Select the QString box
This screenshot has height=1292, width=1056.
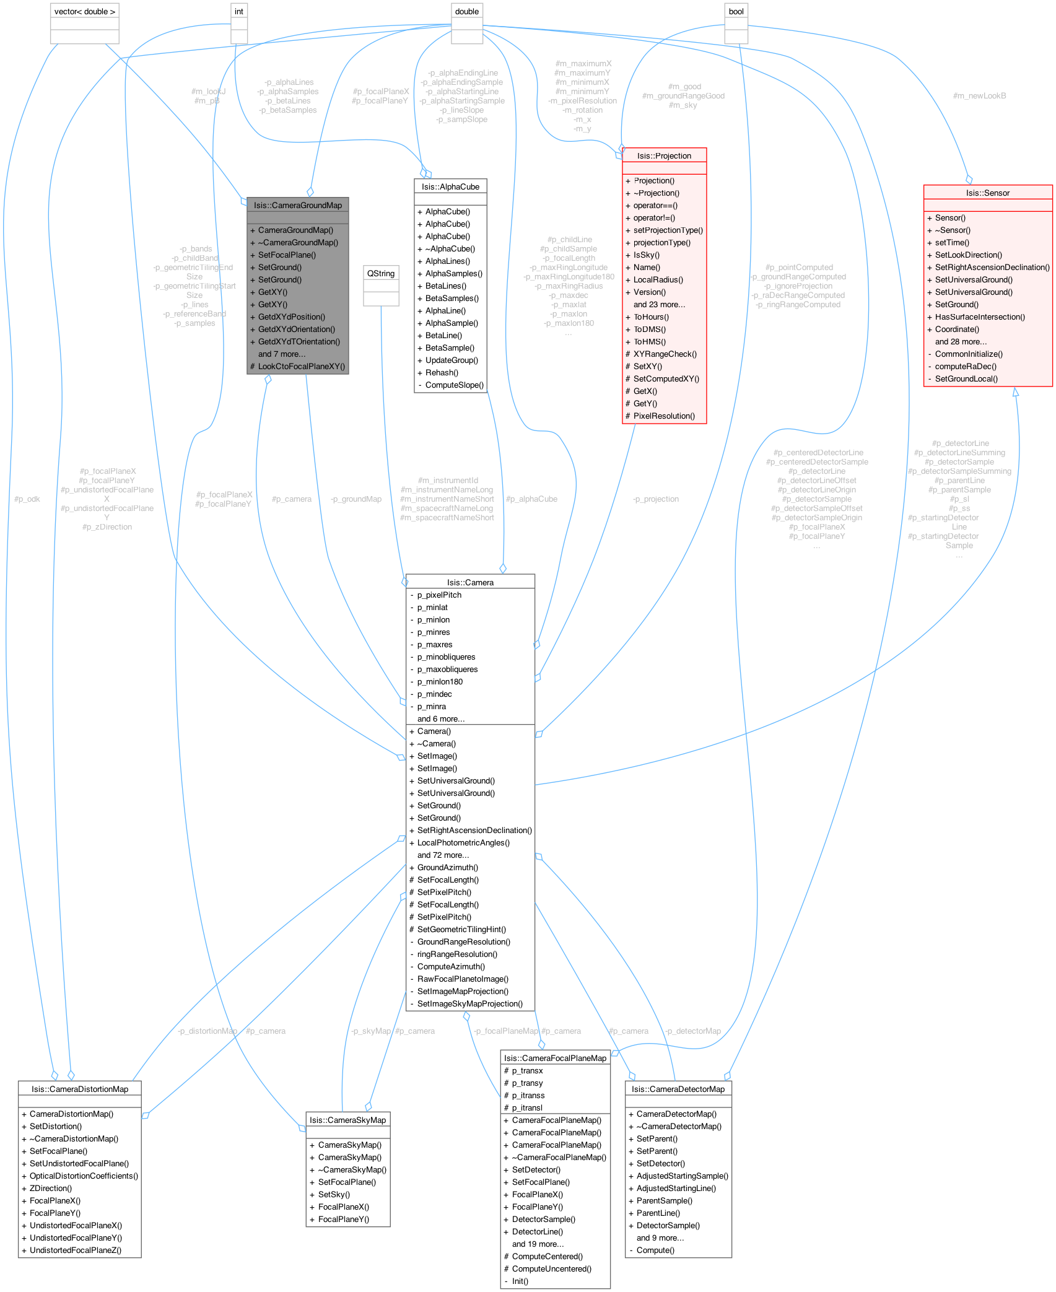380,273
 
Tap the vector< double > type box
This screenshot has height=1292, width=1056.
84,12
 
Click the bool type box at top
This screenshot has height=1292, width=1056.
736,12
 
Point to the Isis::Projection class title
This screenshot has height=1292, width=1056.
664,155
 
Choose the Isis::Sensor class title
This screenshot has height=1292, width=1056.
987,193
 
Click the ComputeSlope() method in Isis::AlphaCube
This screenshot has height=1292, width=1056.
455,385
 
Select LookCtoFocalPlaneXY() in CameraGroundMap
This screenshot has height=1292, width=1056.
301,366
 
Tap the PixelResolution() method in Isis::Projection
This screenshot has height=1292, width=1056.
664,416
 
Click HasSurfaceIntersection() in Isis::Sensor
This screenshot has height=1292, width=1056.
980,316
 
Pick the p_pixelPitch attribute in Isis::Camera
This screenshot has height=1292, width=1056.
439,595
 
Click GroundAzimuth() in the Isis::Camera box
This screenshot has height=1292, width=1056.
447,867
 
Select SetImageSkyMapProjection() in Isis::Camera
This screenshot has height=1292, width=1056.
469,1003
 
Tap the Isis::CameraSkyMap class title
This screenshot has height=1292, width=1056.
347,1120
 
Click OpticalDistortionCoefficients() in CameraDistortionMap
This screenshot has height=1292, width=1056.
84,1176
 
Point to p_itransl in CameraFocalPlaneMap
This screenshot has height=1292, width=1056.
527,1107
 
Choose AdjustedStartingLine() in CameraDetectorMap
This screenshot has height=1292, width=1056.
676,1188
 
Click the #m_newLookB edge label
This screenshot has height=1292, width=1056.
979,95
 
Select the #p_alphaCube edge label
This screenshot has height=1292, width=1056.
531,499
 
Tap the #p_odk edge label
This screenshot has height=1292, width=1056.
27,499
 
